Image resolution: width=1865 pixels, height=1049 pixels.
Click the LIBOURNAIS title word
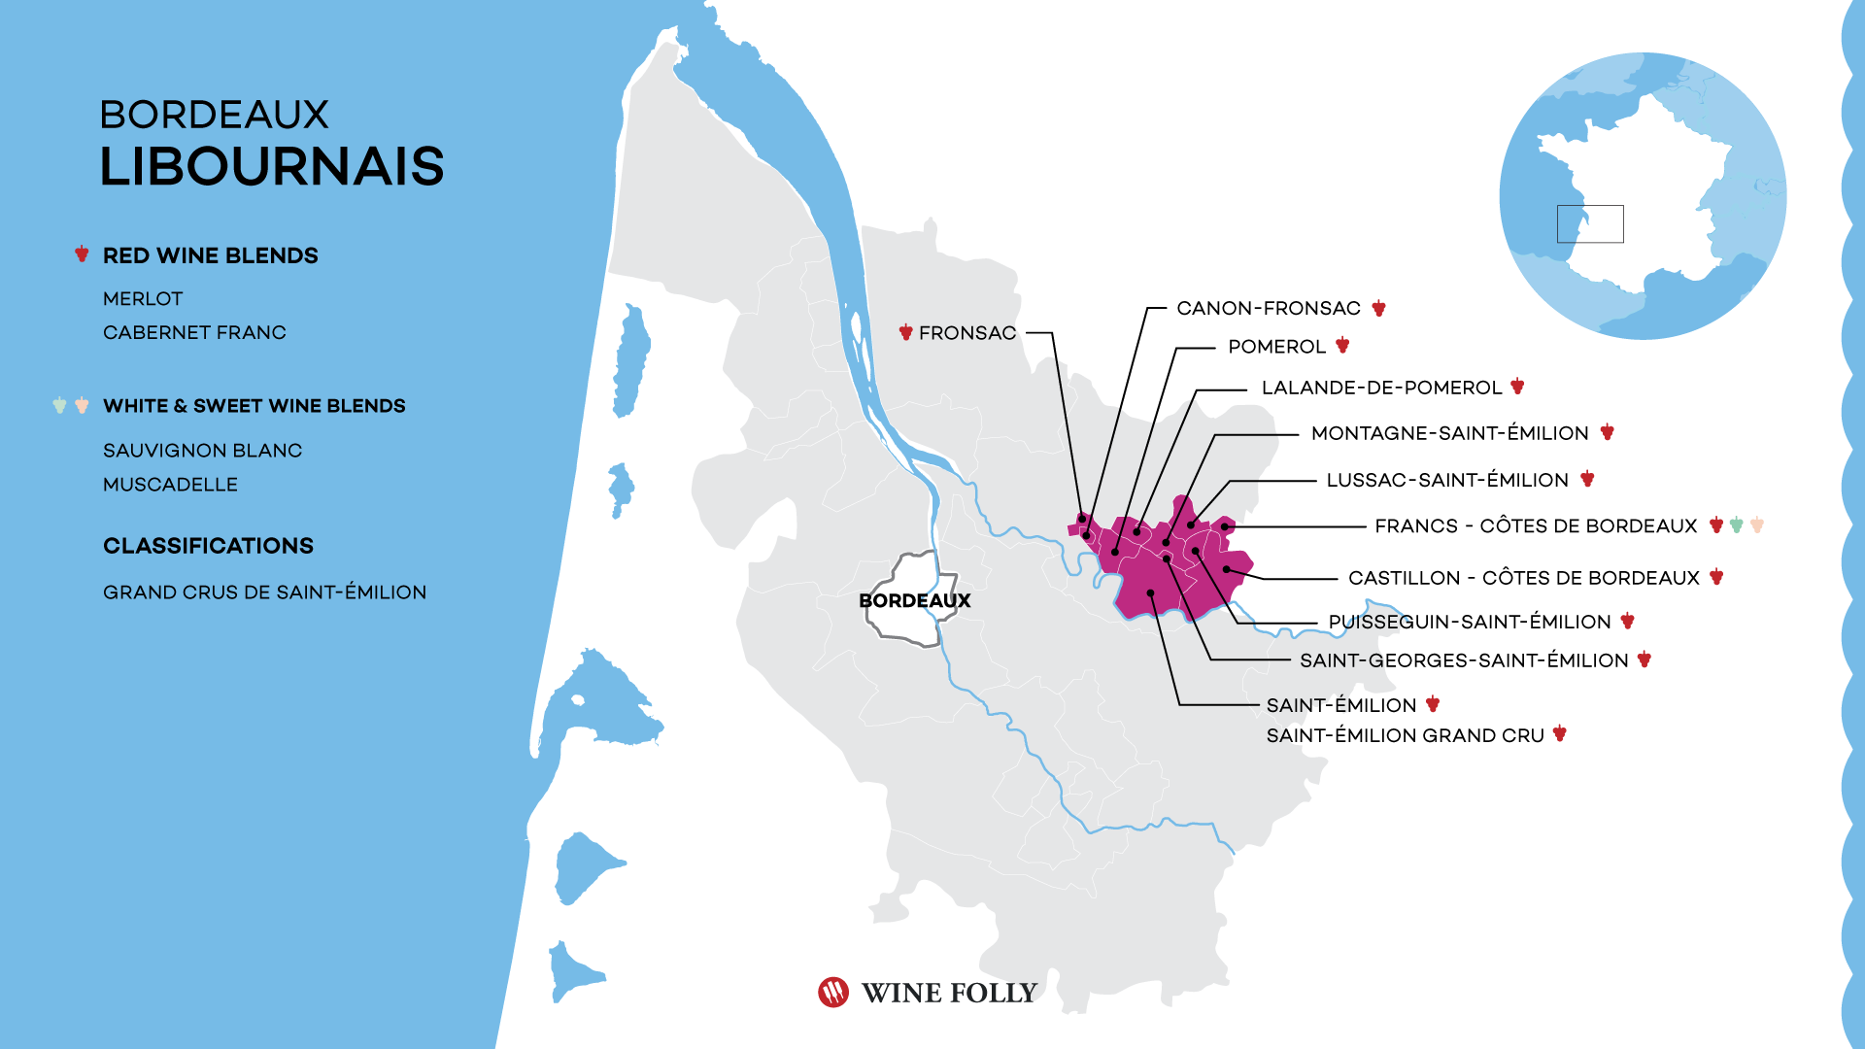(272, 166)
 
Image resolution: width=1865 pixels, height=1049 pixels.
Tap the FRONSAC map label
(966, 333)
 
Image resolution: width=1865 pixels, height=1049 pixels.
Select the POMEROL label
(1276, 347)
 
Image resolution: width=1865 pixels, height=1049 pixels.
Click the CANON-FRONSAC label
(1268, 309)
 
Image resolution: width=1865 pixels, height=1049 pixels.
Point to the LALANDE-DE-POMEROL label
(1381, 388)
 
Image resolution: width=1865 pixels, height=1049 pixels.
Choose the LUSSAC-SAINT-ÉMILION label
(1447, 480)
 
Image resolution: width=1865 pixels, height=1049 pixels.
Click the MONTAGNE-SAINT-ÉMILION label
(1449, 433)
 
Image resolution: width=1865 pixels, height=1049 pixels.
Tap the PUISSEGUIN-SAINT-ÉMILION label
(1469, 622)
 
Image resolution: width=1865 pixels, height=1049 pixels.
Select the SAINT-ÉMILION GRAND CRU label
(1405, 735)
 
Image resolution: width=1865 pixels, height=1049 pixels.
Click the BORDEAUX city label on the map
(914, 600)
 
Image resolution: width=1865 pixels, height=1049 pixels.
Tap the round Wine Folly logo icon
(833, 992)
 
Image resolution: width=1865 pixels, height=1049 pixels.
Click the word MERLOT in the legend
(143, 299)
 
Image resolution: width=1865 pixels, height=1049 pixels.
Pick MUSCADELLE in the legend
(170, 485)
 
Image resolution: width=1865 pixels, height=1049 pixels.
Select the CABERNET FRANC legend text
(194, 333)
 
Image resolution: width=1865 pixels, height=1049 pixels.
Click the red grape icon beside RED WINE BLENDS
(82, 254)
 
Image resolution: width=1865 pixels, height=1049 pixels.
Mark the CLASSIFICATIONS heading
(208, 546)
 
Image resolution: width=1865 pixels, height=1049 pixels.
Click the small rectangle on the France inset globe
(1590, 223)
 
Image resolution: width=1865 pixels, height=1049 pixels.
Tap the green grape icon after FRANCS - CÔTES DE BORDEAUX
(1737, 525)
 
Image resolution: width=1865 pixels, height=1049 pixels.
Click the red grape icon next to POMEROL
(1342, 345)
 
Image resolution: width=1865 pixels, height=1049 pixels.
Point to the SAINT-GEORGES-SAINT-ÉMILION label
(1464, 660)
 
